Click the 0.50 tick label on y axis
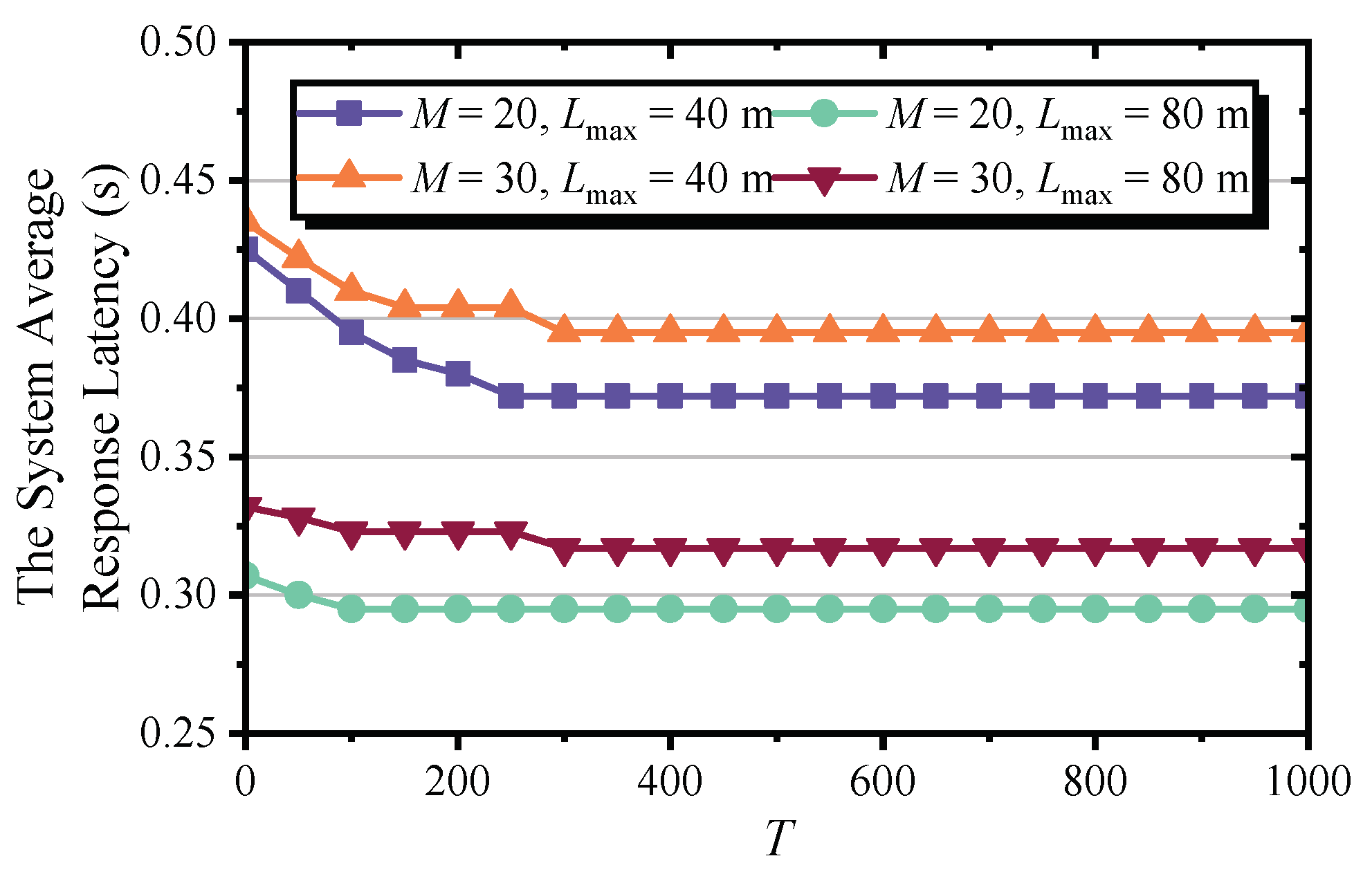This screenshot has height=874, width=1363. (x=178, y=41)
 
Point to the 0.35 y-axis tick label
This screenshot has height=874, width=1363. (x=178, y=457)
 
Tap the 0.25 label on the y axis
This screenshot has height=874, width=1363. (x=178, y=734)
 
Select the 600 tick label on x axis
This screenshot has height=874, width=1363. (x=882, y=782)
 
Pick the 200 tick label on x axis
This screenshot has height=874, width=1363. (x=457, y=782)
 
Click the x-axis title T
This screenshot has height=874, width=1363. (x=779, y=838)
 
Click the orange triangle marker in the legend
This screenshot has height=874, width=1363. (x=349, y=174)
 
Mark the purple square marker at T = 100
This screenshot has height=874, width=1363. (x=351, y=333)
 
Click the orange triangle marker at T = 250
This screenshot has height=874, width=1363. (x=511, y=304)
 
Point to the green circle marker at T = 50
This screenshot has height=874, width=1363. (x=298, y=595)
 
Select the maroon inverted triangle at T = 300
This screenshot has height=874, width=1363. (x=564, y=550)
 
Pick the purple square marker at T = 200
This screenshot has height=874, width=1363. (x=458, y=374)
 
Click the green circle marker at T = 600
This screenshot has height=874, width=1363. (x=883, y=609)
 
